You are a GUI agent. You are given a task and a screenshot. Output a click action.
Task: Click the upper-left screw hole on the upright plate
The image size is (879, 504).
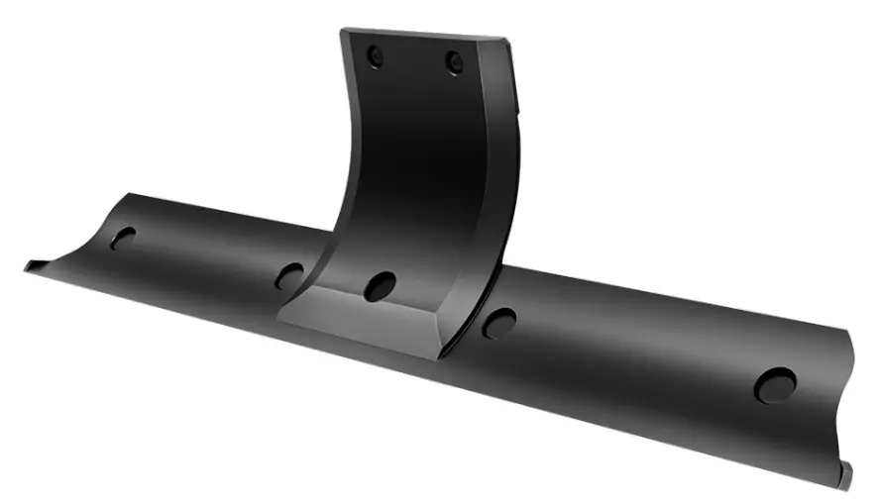tap(374, 56)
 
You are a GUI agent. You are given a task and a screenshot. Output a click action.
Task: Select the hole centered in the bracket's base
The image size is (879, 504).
tap(380, 286)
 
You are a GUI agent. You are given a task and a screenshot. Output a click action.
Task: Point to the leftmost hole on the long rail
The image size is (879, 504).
tap(123, 238)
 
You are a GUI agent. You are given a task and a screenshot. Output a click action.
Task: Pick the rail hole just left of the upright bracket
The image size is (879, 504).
tap(289, 275)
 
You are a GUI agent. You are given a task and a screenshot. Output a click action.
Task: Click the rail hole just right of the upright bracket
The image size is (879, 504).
tap(498, 322)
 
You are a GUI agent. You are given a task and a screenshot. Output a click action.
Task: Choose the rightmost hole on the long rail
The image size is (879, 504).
tap(775, 384)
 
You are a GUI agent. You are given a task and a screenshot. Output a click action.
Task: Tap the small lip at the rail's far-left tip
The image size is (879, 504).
tap(33, 264)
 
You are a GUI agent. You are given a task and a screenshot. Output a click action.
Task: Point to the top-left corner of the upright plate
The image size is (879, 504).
tap(343, 31)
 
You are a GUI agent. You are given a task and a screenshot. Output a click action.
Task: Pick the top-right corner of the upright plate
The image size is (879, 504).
tap(507, 42)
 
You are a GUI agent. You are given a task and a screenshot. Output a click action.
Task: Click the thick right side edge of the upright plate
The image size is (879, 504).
tap(495, 198)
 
